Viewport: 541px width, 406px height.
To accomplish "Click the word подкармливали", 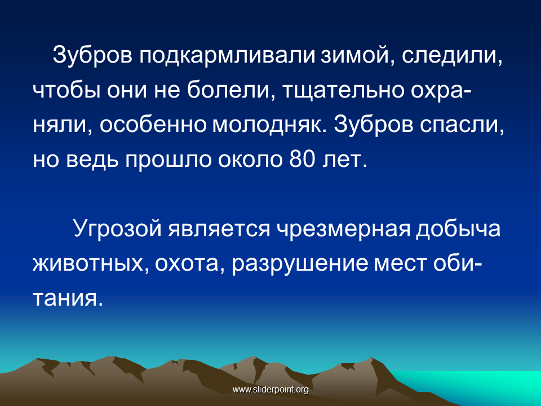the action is point(227,56).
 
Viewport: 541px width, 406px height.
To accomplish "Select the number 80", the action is point(302,159).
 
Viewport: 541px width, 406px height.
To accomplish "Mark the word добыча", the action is point(458,228).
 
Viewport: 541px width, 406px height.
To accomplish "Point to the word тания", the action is point(68,298).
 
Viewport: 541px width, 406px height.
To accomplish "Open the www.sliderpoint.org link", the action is point(270,390).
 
